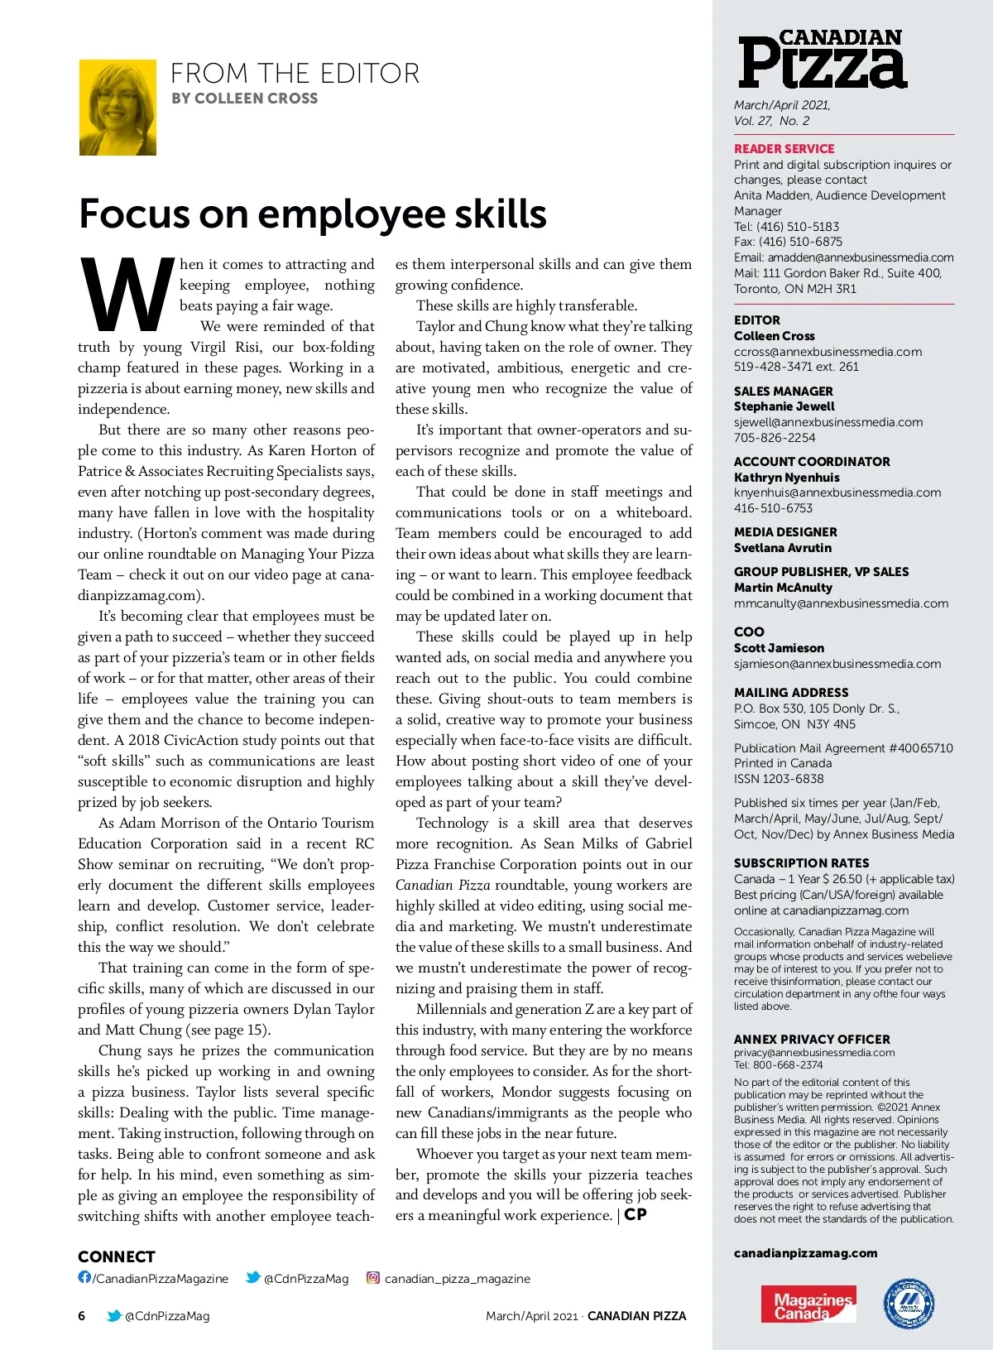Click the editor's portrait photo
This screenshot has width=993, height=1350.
[118, 108]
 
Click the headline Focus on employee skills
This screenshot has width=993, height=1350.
[312, 214]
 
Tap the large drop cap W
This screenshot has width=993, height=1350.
[126, 294]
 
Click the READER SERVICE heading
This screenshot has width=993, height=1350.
[784, 149]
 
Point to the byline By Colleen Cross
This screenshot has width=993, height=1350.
[244, 98]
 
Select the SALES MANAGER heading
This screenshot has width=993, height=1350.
[783, 391]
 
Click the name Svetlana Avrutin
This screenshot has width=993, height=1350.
[783, 548]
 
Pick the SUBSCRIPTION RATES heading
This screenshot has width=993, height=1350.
[801, 862]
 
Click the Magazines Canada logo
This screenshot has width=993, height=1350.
[808, 1305]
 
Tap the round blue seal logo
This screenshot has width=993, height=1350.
[909, 1304]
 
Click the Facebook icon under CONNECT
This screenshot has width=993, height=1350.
[84, 1277]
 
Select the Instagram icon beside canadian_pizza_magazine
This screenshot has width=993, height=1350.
[373, 1278]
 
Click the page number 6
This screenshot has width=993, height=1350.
[81, 1316]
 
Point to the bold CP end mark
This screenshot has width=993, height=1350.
[636, 1215]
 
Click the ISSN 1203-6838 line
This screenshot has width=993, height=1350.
[779, 779]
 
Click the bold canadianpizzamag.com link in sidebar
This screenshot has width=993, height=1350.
[805, 1253]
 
